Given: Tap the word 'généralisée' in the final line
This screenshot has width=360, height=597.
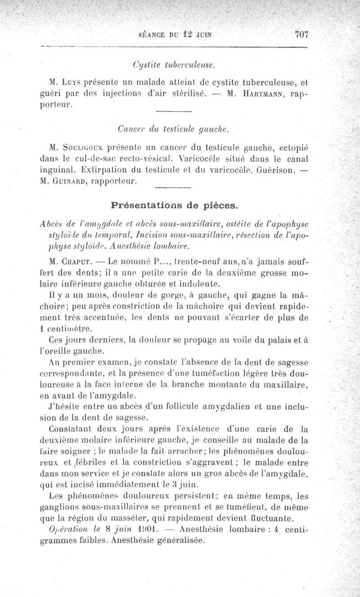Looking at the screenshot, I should tap(178, 542).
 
